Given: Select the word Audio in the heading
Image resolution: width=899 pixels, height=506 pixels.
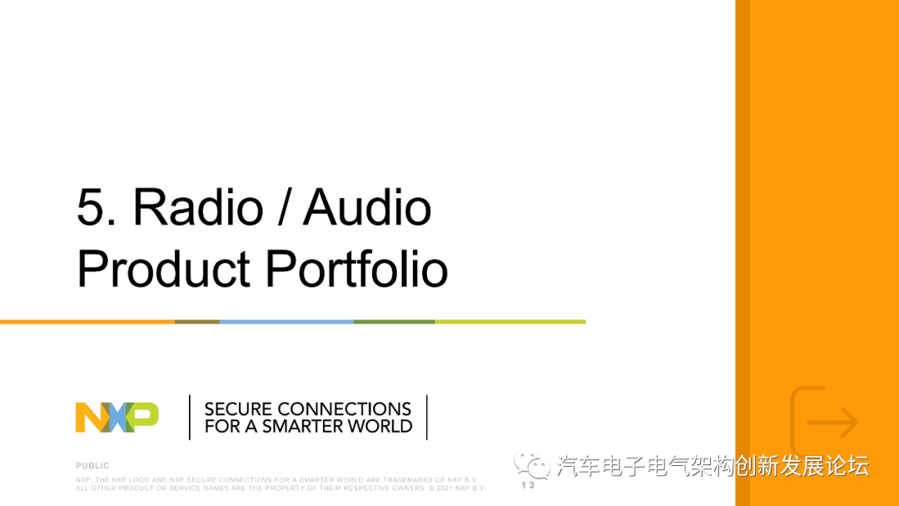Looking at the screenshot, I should tap(368, 207).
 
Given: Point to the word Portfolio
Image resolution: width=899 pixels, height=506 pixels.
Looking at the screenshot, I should tap(356, 270).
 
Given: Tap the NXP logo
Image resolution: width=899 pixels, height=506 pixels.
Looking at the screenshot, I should tap(117, 417).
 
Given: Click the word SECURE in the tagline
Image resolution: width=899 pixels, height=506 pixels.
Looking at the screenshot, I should tap(238, 409).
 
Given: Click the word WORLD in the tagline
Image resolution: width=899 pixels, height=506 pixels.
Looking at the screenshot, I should tap(380, 426).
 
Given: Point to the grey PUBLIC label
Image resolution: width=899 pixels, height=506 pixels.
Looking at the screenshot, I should tap(92, 466).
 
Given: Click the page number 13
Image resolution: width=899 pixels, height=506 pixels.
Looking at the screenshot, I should tap(528, 485).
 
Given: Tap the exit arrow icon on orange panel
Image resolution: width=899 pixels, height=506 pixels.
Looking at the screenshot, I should tap(823, 423).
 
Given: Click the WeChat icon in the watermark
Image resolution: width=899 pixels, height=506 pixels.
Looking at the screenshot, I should tap(531, 464).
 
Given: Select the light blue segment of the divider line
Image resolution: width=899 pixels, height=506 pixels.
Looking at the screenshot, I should tap(286, 321).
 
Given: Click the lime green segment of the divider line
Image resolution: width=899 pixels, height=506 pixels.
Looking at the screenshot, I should tap(509, 321).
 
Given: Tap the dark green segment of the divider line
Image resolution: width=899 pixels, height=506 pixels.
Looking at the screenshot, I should tap(394, 321).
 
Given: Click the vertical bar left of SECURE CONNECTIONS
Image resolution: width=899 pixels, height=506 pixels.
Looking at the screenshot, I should tap(191, 417).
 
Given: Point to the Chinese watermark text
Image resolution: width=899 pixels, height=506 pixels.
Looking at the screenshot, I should tap(712, 465).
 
